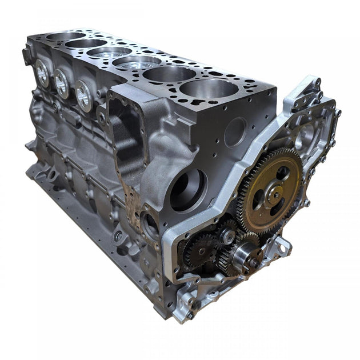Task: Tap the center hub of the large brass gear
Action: click(x=276, y=194)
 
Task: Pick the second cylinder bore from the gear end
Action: click(x=169, y=73)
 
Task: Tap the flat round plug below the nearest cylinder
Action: click(x=234, y=132)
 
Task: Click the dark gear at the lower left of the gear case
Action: click(x=198, y=249)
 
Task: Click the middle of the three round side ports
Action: click(x=61, y=83)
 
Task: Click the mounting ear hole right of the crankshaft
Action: click(x=281, y=246)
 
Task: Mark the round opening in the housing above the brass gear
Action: click(x=303, y=137)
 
